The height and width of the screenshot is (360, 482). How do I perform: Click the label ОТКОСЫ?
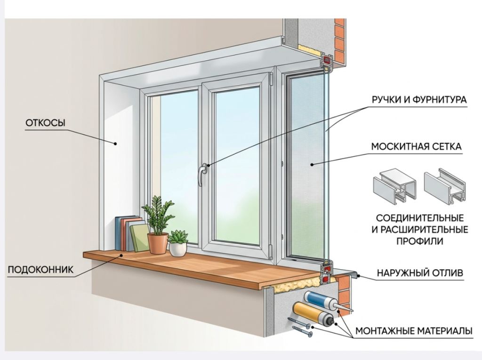click(x=46, y=123)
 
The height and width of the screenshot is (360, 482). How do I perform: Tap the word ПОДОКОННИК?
click(x=40, y=270)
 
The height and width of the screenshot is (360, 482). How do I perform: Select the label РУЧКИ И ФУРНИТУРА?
click(x=419, y=100)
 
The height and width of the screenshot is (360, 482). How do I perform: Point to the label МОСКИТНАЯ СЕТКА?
click(x=417, y=146)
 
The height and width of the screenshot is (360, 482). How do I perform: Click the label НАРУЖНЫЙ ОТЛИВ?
click(x=420, y=272)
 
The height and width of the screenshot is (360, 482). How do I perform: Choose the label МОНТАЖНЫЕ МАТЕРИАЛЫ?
click(x=414, y=331)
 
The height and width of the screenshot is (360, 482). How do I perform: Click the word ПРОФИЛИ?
click(x=420, y=241)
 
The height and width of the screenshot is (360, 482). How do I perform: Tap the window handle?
click(x=202, y=175)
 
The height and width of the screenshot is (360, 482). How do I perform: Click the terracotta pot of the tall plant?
click(x=158, y=243)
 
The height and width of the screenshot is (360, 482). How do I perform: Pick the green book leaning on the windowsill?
click(x=140, y=238)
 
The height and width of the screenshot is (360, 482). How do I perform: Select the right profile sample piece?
click(x=445, y=186)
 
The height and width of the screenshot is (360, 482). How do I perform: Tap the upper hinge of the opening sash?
click(x=272, y=80)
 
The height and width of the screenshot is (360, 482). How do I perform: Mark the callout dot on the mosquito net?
click(x=312, y=165)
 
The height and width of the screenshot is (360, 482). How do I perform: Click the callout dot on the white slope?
click(x=115, y=143)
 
